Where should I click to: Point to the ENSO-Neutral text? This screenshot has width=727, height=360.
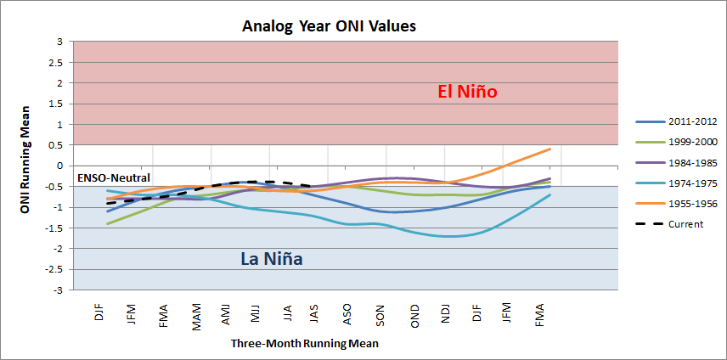click(114, 178)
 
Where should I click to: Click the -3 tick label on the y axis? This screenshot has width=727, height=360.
click(58, 290)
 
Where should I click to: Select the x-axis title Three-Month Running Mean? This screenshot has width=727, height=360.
click(304, 344)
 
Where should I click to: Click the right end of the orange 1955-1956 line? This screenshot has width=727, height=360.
click(550, 149)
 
